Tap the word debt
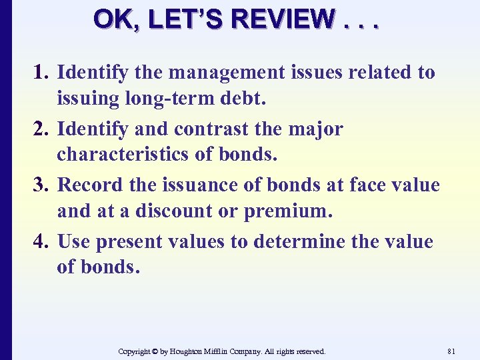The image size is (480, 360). (244, 100)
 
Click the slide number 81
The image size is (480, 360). (451, 351)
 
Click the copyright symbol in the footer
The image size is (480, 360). (155, 351)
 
